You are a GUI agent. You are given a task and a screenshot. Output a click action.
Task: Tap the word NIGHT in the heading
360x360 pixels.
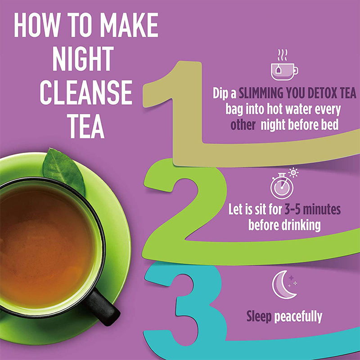click(x=83, y=58)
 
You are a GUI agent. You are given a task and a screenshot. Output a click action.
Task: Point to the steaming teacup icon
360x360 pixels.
click(x=284, y=65)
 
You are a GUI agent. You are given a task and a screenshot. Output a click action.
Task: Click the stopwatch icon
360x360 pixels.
click(x=282, y=186)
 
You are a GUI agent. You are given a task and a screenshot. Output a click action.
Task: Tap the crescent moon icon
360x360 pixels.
click(x=283, y=285)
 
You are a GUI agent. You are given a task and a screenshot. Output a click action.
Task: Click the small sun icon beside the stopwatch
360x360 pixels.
click(x=293, y=172)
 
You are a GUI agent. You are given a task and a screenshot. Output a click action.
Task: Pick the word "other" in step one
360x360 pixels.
click(x=243, y=125)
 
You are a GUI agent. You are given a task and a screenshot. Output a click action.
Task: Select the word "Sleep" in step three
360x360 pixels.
click(x=259, y=317)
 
